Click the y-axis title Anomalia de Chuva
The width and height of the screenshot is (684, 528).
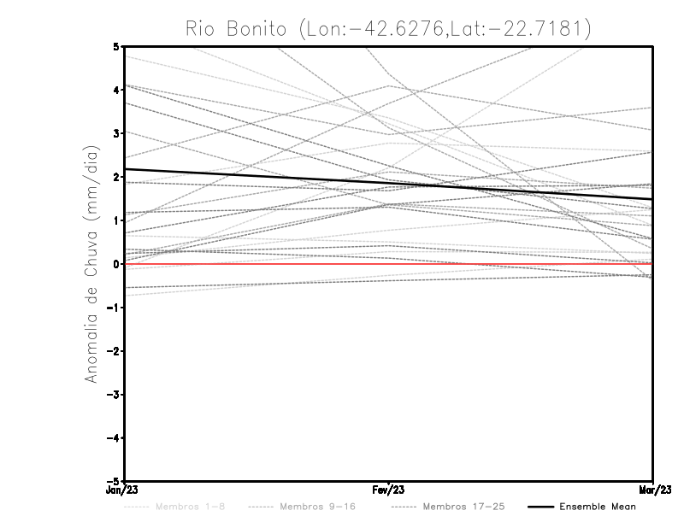click(x=91, y=264)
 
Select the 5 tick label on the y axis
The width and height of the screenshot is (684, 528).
click(x=116, y=46)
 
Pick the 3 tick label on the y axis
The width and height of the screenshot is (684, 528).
click(x=116, y=133)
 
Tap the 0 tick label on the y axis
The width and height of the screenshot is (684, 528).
click(x=116, y=264)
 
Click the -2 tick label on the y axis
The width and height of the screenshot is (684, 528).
click(x=114, y=351)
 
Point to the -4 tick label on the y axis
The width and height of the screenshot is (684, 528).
click(x=114, y=437)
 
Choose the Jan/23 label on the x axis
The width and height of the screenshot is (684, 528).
click(x=125, y=490)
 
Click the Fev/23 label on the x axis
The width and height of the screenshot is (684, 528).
click(x=389, y=490)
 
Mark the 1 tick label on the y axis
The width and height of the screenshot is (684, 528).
click(x=116, y=220)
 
